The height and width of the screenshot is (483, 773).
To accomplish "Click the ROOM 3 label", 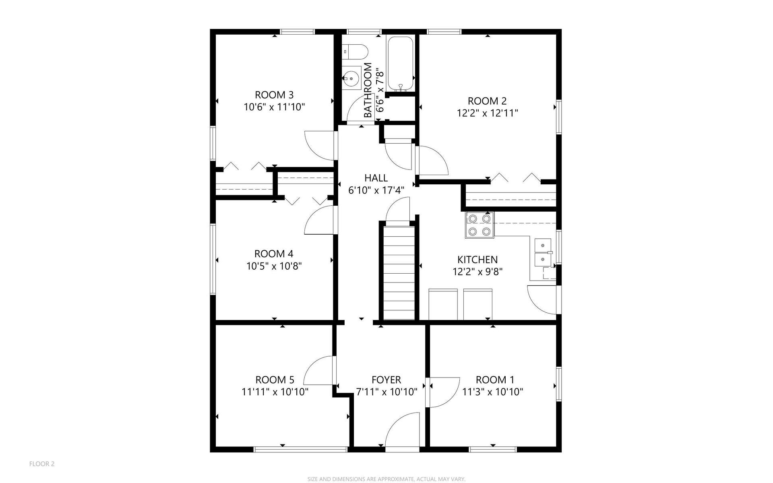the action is pyautogui.click(x=274, y=95).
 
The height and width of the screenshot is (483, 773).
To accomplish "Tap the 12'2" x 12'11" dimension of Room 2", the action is pyautogui.click(x=487, y=113).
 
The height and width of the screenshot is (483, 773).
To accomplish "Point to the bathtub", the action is pyautogui.click(x=400, y=64).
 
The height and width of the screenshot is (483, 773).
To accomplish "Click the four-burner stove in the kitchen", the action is pyautogui.click(x=480, y=225).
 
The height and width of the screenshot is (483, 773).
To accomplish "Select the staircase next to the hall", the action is pyautogui.click(x=399, y=273).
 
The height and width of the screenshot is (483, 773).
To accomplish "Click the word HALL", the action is pyautogui.click(x=376, y=178).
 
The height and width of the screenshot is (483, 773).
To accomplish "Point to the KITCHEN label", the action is pyautogui.click(x=477, y=260).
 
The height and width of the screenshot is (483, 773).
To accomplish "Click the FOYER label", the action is pyautogui.click(x=386, y=380).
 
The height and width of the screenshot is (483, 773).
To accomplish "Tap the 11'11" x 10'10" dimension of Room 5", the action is pyautogui.click(x=275, y=392).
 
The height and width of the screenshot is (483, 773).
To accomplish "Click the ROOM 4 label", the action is pyautogui.click(x=274, y=254).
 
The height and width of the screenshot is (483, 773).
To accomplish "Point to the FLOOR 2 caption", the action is pyautogui.click(x=42, y=464).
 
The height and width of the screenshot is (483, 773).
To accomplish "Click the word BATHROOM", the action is pyautogui.click(x=368, y=91).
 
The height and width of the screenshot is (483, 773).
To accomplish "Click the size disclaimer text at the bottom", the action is pyautogui.click(x=386, y=479).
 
